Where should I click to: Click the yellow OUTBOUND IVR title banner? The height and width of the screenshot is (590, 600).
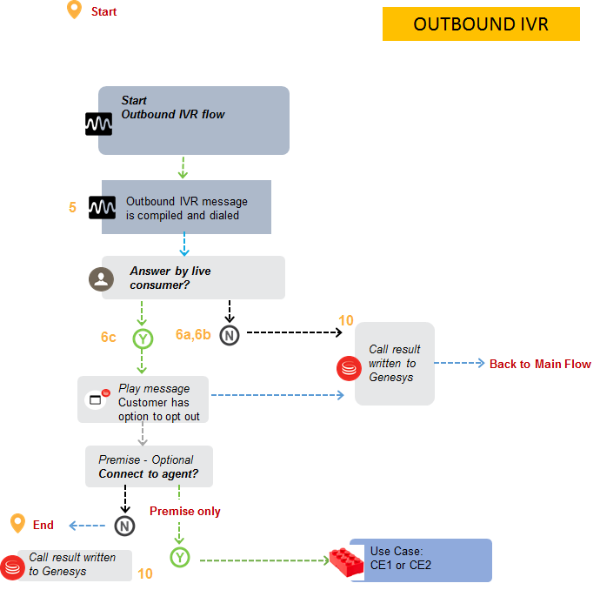(x=481, y=23)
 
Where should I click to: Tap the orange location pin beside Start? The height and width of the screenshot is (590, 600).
(x=74, y=10)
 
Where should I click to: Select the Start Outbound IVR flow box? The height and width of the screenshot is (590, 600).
(x=193, y=120)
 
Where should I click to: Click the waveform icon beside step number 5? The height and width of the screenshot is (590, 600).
(x=102, y=208)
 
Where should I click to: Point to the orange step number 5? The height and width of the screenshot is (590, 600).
(x=72, y=208)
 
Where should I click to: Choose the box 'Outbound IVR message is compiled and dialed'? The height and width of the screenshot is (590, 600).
(x=186, y=208)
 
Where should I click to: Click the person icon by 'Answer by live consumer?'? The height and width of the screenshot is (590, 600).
(x=102, y=278)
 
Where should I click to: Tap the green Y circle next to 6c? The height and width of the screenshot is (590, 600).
(x=142, y=338)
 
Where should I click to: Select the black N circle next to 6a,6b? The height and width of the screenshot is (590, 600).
(x=230, y=335)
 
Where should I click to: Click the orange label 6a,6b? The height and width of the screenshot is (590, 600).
(x=192, y=335)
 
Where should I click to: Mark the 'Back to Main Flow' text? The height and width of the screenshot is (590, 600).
(x=540, y=364)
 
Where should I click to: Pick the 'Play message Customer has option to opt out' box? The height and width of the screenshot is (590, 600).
(x=143, y=399)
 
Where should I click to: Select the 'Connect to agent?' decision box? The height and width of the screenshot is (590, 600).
(x=149, y=466)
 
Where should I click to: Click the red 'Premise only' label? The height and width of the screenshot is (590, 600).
(x=185, y=511)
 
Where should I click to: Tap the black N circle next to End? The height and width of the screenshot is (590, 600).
(x=124, y=525)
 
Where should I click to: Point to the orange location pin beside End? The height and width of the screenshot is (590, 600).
(x=17, y=523)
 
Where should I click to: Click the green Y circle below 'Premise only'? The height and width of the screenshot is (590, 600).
(x=179, y=558)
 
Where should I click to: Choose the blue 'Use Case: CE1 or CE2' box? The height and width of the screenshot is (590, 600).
(x=421, y=560)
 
